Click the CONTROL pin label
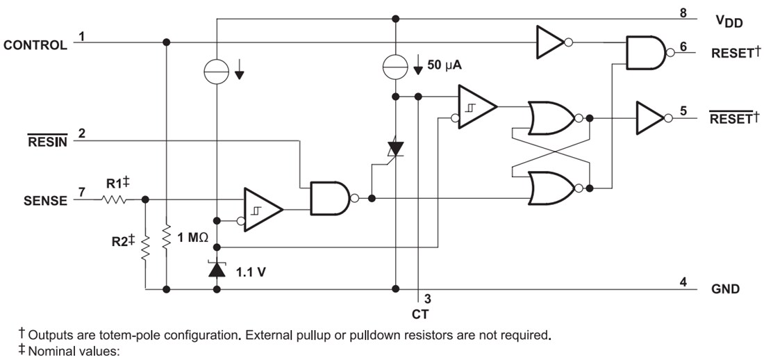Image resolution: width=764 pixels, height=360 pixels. (35, 45)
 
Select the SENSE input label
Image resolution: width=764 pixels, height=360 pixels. (45, 201)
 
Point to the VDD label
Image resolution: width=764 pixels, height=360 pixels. (729, 22)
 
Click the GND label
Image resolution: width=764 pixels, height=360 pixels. (725, 288)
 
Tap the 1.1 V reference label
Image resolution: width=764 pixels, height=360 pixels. (251, 271)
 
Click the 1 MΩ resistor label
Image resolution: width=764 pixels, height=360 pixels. (193, 238)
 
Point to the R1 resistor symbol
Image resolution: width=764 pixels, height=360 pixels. (114, 199)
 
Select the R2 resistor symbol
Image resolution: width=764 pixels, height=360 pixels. (146, 247)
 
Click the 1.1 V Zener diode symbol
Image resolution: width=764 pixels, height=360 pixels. (217, 268)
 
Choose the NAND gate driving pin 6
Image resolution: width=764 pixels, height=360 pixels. (645, 53)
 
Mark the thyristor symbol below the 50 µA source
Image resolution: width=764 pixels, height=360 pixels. (396, 147)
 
